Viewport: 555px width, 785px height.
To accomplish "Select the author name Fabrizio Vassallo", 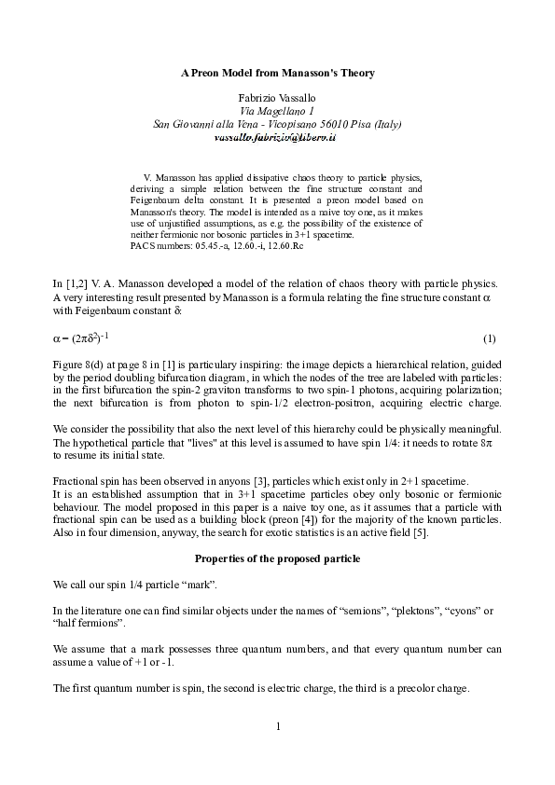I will tap(277, 97).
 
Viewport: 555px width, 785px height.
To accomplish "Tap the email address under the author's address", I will tap(277, 136).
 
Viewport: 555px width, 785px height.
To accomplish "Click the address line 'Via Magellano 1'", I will tap(277, 110).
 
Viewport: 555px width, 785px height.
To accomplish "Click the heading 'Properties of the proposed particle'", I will tap(277, 558).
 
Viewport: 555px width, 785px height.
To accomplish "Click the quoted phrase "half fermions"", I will tap(89, 621).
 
